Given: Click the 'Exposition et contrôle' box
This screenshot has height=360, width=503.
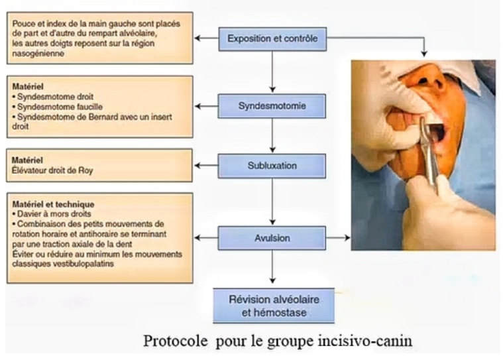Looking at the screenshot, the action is coord(272,39).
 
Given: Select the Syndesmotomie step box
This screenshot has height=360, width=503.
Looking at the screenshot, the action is coord(272,106).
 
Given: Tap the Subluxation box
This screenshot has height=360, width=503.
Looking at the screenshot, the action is coord(272,166).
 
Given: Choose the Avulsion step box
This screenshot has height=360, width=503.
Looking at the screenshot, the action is coord(272,238).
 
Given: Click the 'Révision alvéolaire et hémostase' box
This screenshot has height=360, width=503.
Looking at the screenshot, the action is coord(274,306).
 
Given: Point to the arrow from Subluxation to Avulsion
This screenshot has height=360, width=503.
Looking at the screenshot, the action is coord(272,202).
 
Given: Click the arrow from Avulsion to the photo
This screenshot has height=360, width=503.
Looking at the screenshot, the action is coord(338,238).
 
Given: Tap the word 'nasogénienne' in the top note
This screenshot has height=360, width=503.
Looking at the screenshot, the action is coord(38,53).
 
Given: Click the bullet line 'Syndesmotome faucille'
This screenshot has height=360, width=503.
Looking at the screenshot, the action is coord(58,107).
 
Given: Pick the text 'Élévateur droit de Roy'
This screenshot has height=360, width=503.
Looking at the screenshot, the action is coord(52,170).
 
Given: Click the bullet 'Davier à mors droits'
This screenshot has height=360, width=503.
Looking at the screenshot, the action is coord(52,213).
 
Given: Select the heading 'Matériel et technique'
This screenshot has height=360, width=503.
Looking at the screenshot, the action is coord(53,204).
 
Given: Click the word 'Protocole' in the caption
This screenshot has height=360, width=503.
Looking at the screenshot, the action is coord(176,341).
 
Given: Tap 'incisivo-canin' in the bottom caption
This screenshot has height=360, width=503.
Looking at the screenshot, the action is coord(365,340).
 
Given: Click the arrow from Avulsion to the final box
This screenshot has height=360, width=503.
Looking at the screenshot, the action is coord(272,267).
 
